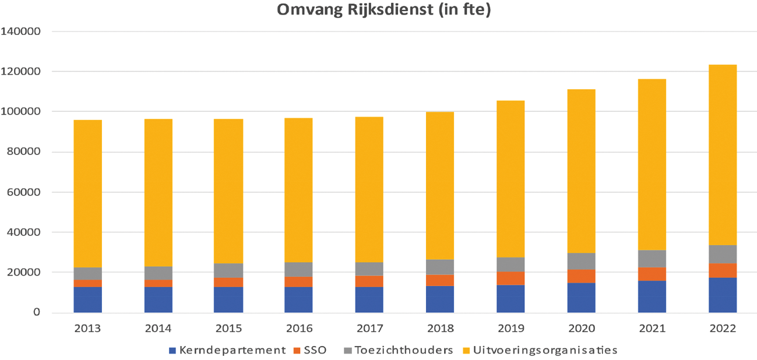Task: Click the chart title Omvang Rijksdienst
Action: [378, 11]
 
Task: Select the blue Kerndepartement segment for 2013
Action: [87, 299]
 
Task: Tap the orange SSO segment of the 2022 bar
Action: [722, 270]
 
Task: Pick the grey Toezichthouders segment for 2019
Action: [510, 264]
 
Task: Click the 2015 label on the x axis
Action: [228, 329]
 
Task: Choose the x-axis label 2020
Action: [581, 329]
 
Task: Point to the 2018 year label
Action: [440, 329]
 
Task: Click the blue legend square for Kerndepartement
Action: [171, 351]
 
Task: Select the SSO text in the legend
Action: [315, 351]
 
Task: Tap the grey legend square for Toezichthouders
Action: [348, 351]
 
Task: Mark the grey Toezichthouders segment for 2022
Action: [722, 255]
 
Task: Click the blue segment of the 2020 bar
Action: [581, 298]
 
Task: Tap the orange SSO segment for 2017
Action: [369, 281]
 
